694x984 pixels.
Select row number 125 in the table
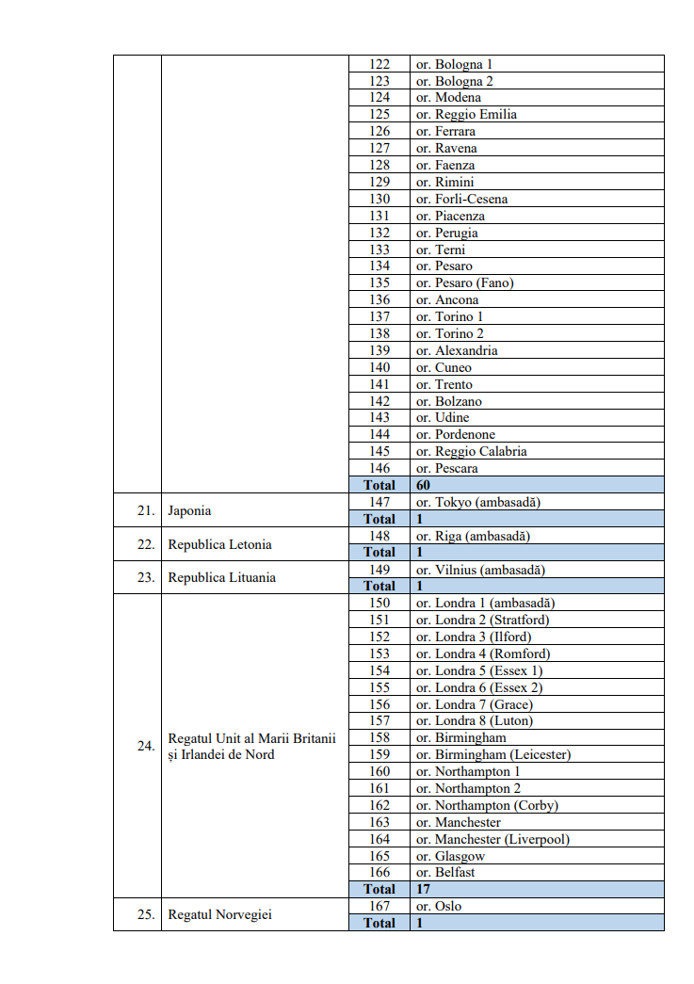[x=379, y=115]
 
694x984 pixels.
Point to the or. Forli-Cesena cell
[x=461, y=199]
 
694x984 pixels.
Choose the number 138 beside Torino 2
[x=379, y=333]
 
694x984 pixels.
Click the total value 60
[x=424, y=485]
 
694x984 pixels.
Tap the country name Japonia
[x=189, y=510]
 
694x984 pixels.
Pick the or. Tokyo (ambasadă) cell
[x=478, y=502]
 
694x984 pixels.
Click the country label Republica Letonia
[x=212, y=544]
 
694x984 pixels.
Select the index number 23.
[x=145, y=577]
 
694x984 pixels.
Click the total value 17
[x=423, y=889]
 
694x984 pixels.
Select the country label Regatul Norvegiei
[x=219, y=914]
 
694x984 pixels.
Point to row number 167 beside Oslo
[x=379, y=906]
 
